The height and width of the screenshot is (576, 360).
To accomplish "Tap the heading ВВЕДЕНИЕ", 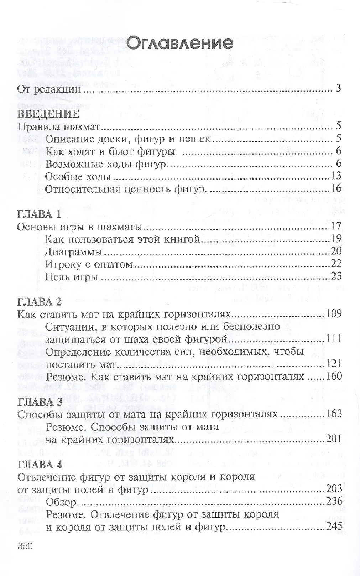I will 48,114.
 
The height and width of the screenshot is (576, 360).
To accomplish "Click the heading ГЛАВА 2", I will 40,301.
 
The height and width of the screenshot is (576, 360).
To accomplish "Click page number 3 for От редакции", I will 338,88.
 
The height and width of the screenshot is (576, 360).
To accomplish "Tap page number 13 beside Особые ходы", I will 336,176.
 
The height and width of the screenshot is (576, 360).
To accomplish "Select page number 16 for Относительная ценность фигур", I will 336,188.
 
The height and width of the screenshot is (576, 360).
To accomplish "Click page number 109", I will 334,314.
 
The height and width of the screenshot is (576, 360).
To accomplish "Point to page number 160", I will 334,376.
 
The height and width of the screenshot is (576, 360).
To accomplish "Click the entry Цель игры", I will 72,276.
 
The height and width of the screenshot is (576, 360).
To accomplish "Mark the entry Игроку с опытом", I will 89,264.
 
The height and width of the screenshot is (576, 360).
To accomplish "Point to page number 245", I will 334,526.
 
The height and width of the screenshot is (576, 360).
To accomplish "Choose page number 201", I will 334,439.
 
